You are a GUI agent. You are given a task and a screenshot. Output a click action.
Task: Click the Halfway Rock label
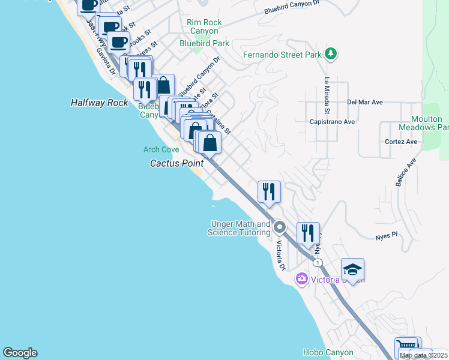click(x=100, y=103)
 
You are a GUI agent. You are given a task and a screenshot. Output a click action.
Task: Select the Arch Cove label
click(x=161, y=149)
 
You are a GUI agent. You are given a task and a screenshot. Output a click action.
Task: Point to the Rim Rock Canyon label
click(x=204, y=26)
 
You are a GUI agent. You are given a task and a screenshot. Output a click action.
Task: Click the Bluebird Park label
click(x=205, y=43)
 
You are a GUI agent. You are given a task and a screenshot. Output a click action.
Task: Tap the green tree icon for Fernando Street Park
click(x=330, y=55)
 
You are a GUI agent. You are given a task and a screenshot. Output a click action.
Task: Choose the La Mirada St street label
click(x=327, y=95)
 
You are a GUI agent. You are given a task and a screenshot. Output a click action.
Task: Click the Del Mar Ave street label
click(x=365, y=102)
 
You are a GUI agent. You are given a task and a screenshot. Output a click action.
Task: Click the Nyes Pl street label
click(x=387, y=236)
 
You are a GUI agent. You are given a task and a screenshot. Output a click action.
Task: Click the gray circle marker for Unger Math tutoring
click(x=279, y=227)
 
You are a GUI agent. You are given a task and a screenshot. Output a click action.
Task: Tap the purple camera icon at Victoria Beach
click(x=301, y=279)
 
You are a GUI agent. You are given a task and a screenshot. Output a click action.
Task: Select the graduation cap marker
click(x=352, y=268)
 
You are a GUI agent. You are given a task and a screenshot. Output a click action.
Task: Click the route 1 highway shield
click(x=318, y=263)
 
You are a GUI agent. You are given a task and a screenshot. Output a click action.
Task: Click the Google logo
click(x=20, y=353)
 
